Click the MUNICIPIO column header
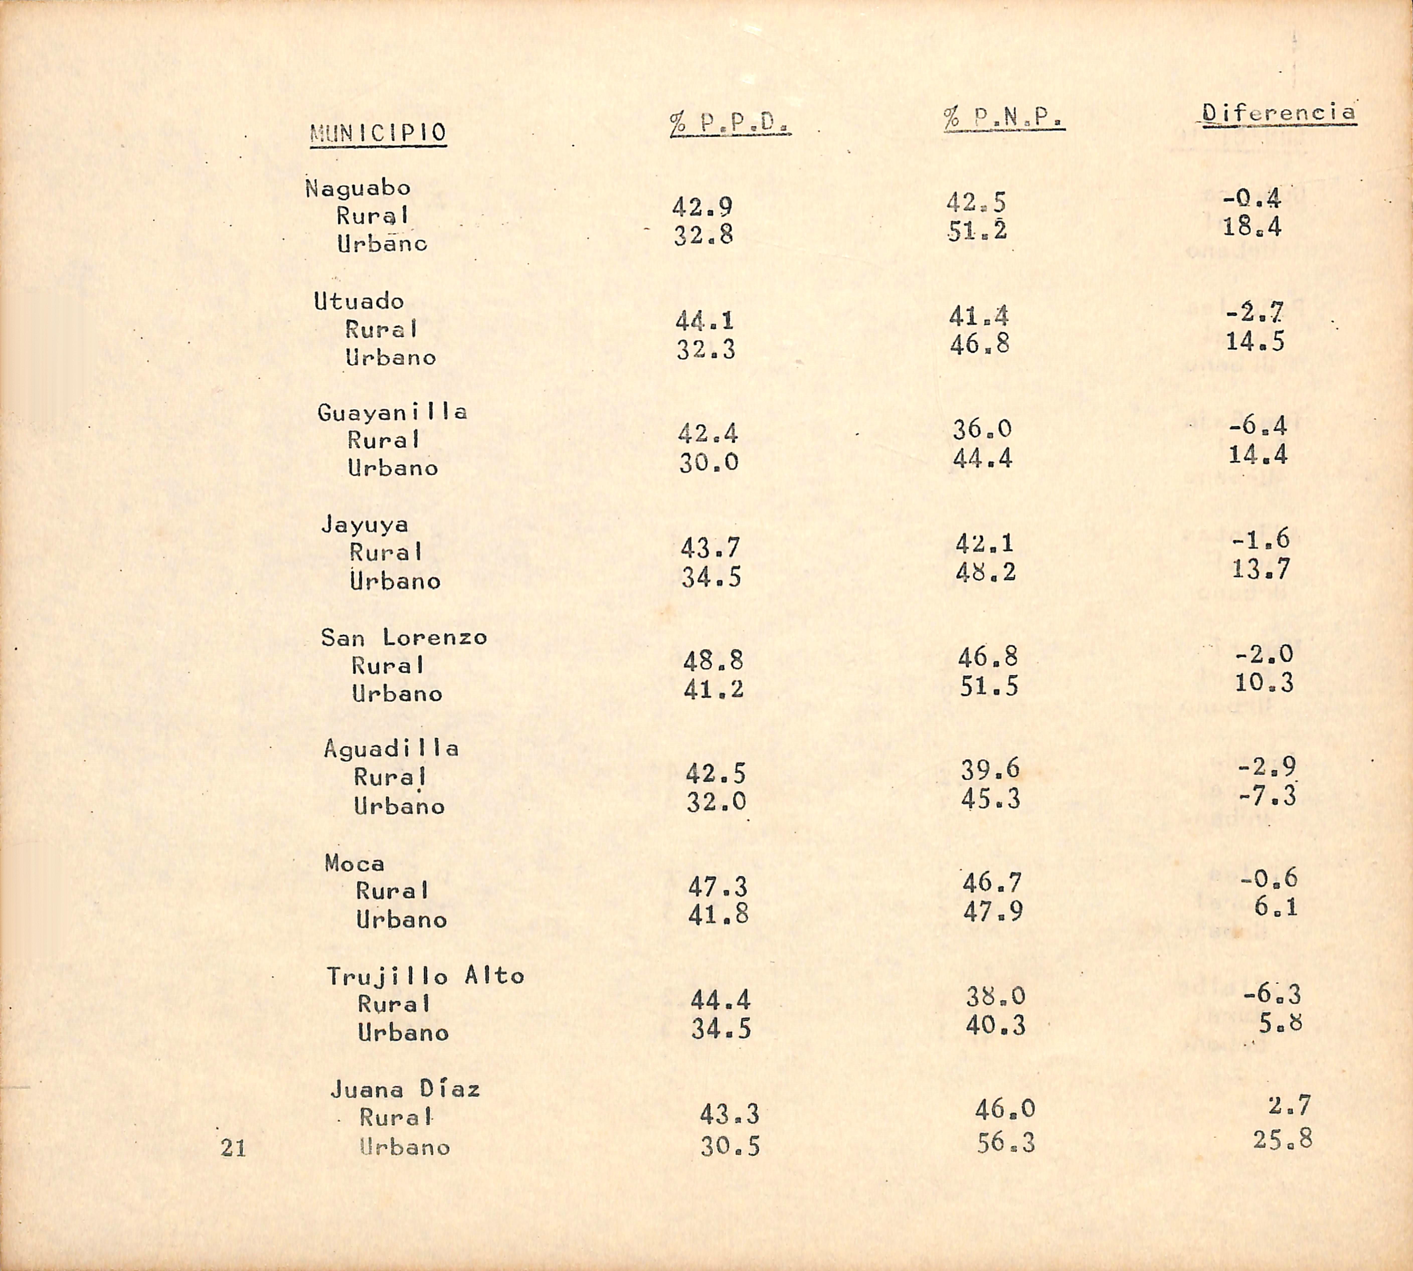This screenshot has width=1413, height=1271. coord(378,133)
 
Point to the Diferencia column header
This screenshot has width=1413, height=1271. coord(1278,112)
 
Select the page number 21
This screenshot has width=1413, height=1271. coord(233,1148)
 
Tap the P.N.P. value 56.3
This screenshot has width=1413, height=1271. coord(1005,1143)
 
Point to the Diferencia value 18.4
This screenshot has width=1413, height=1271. coord(1252,227)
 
